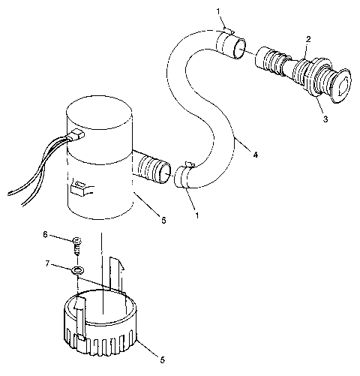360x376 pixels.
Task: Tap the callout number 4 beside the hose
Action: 256,155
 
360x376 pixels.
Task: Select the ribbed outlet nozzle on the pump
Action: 154,166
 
